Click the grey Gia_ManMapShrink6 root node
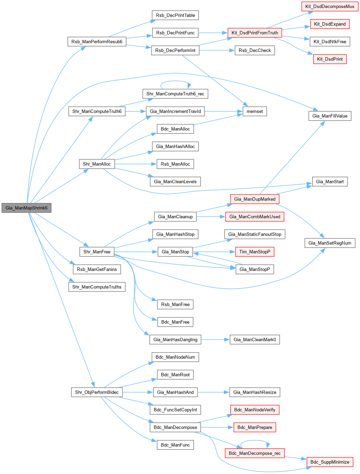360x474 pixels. click(26, 208)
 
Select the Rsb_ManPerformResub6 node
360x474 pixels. click(97, 42)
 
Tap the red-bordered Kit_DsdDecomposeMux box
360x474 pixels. click(330, 7)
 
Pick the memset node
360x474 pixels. click(255, 112)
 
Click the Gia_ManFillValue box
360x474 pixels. click(330, 116)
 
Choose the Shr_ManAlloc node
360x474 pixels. click(97, 164)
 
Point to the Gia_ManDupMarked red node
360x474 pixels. click(255, 199)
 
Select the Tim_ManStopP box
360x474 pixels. click(255, 252)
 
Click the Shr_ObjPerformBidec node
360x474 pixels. click(97, 392)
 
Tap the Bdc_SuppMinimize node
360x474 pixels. click(330, 462)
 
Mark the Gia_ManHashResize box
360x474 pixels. click(255, 392)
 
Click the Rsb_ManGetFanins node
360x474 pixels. click(97, 269)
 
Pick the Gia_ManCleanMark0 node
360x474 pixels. click(255, 340)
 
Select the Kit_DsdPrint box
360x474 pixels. click(330, 59)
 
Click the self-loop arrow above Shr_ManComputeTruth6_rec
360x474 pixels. click(175, 82)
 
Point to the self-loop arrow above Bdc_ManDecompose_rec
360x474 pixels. click(255, 441)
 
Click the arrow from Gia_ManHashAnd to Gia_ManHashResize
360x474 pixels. click(213, 392)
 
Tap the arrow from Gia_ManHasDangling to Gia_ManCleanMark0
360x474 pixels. click(215, 340)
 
